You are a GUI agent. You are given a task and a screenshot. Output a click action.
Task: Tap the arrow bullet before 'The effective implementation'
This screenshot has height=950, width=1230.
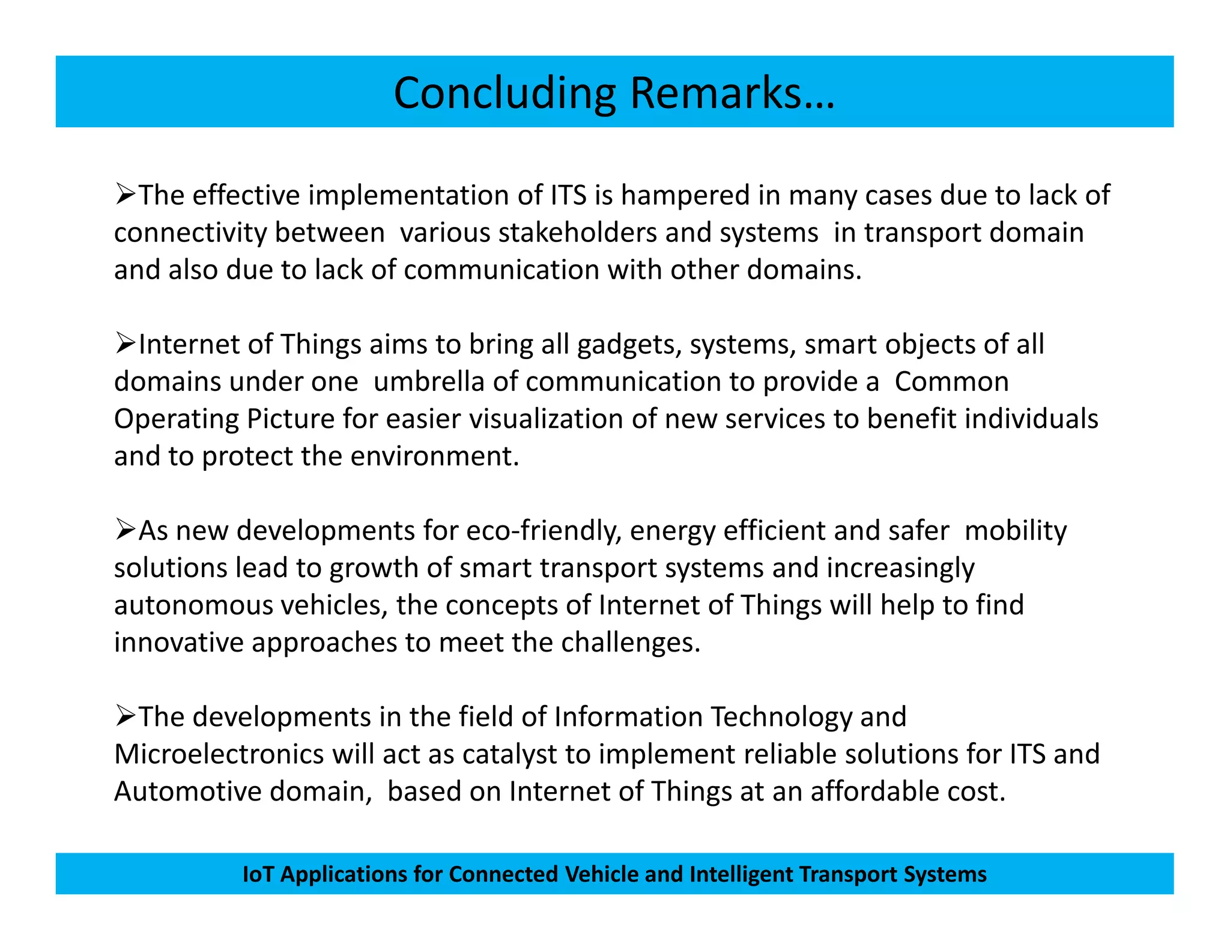(x=125, y=195)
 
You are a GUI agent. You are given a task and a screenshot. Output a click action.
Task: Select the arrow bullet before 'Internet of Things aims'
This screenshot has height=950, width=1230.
(x=125, y=343)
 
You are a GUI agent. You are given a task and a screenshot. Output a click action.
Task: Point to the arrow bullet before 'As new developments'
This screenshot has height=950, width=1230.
(x=125, y=530)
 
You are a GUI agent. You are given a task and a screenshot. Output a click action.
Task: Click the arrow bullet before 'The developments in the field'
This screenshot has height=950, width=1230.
(x=125, y=716)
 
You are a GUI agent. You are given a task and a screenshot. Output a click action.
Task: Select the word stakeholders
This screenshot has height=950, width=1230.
(x=577, y=233)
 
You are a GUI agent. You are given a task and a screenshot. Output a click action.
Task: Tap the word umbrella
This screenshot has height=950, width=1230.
(x=429, y=382)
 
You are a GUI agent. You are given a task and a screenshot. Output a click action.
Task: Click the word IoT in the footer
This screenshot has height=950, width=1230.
(x=258, y=874)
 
